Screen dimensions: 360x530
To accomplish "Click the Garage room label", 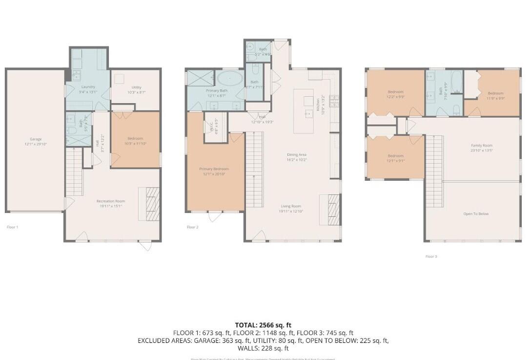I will (x=36, y=139).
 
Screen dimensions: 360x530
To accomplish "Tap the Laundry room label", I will (x=88, y=87).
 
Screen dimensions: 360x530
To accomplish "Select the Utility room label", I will (x=136, y=87).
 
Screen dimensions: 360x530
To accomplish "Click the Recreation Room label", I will (x=111, y=201).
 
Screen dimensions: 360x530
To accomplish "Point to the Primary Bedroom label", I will (x=214, y=169).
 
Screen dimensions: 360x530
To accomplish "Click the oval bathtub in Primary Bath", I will (x=229, y=79).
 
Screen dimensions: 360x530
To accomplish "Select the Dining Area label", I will (x=296, y=155).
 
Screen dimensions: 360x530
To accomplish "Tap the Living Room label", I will (x=290, y=206).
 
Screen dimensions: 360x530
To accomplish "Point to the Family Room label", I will (x=482, y=146).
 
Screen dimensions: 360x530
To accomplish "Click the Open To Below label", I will (x=476, y=214).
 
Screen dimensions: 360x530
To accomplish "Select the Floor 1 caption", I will (x=12, y=227).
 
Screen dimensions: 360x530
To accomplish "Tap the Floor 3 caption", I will (x=431, y=256).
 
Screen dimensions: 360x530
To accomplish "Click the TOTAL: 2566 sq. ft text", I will (x=263, y=325).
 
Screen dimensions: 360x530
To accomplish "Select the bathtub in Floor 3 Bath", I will (x=457, y=82).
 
